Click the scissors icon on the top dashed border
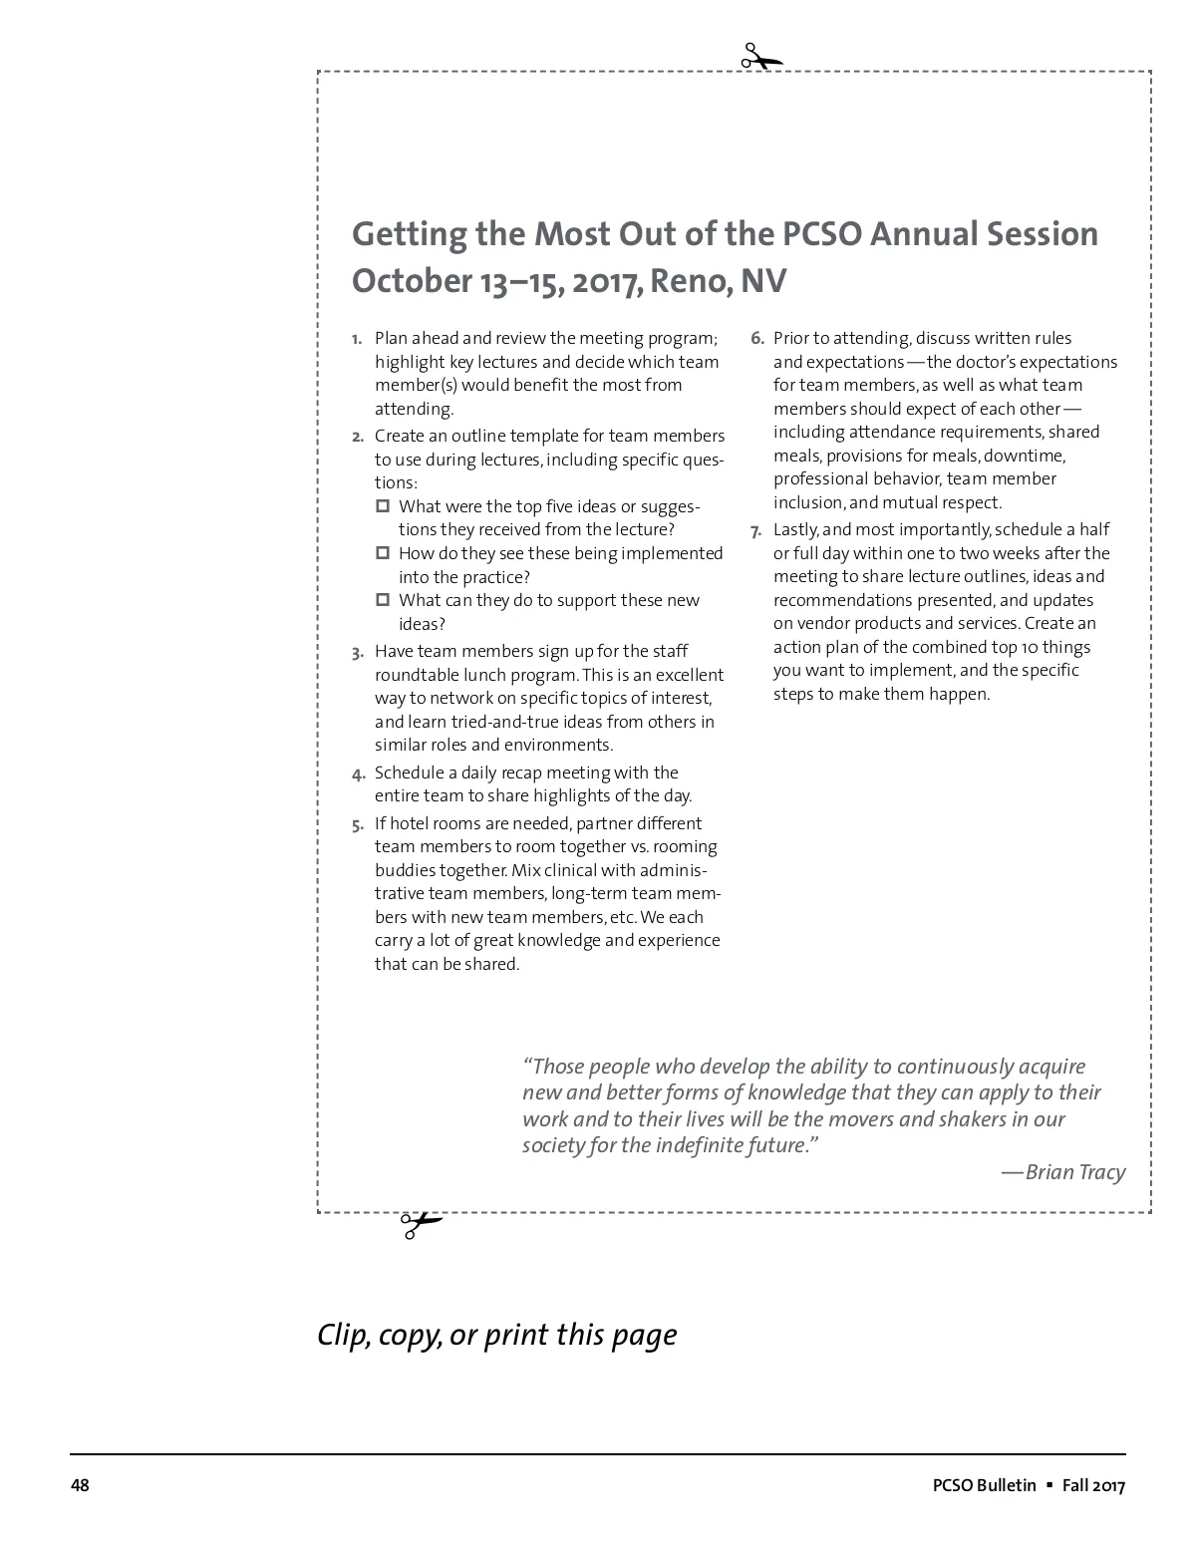click(x=761, y=58)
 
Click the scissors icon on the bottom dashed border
click(x=420, y=1224)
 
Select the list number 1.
click(x=357, y=339)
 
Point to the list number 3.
click(x=357, y=653)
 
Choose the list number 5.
click(x=357, y=825)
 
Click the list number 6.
click(x=757, y=339)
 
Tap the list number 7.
click(x=757, y=530)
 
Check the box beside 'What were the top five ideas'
click(x=383, y=506)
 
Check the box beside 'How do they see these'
click(x=383, y=553)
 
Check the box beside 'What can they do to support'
click(x=383, y=600)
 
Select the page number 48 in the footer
click(x=80, y=1486)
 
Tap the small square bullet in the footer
click(x=1048, y=1485)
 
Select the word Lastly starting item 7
click(x=796, y=530)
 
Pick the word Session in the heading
click(x=1043, y=234)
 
